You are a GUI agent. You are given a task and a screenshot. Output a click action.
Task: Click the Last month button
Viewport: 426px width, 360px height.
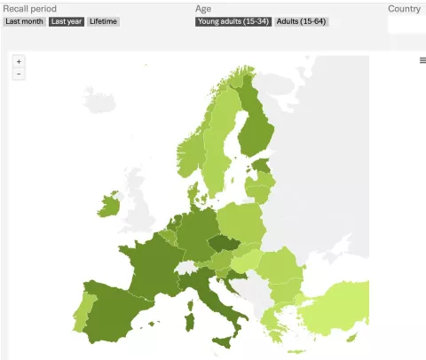pos(24,21)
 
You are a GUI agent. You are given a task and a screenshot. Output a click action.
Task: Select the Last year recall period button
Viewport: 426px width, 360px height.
pos(67,21)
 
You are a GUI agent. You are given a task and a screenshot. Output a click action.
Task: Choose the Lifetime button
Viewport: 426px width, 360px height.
pos(103,21)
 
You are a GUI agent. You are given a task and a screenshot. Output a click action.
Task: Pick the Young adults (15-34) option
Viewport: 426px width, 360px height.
pos(233,21)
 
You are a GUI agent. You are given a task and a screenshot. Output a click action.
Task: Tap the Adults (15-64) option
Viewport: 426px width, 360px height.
pos(302,21)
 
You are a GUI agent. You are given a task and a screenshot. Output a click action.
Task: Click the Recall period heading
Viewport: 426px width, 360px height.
pos(30,9)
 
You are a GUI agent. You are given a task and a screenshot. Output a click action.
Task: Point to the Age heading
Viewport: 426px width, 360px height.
pos(203,9)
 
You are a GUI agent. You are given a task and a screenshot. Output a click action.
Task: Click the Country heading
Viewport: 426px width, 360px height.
pos(404,9)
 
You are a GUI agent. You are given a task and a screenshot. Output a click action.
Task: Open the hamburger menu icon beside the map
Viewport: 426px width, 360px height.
pos(422,60)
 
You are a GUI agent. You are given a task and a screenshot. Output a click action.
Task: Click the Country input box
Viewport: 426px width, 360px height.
pos(406,25)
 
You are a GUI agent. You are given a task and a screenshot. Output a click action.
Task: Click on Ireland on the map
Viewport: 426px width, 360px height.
pos(108,206)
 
